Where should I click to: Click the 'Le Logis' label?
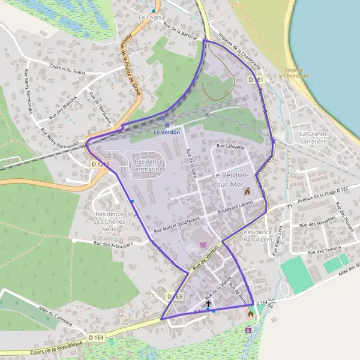pyautogui.click(x=151, y=17)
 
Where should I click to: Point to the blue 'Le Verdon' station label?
pyautogui.click(x=167, y=132)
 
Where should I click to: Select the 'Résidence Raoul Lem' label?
pyautogui.click(x=258, y=235)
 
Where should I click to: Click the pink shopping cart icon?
pyautogui.click(x=203, y=245)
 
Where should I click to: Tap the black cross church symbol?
pyautogui.click(x=208, y=304)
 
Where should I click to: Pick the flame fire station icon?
pyautogui.click(x=250, y=313)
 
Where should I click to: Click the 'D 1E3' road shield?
pyautogui.click(x=174, y=296)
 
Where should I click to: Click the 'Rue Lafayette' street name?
pyautogui.click(x=232, y=146)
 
